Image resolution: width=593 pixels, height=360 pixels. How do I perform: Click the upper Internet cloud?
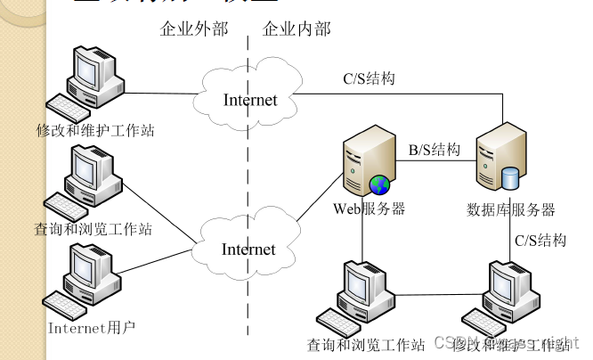click(x=249, y=99)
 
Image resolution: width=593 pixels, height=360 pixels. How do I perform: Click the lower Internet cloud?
click(x=248, y=249)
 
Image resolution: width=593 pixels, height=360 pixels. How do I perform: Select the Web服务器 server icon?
click(x=362, y=161)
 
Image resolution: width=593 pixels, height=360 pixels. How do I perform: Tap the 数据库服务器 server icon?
click(x=501, y=161)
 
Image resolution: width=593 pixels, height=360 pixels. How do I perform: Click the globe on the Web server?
click(x=380, y=185)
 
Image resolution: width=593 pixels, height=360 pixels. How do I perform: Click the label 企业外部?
click(x=193, y=29)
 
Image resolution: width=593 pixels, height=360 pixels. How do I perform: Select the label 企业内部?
click(x=296, y=29)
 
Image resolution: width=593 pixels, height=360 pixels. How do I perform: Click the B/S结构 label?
click(x=435, y=150)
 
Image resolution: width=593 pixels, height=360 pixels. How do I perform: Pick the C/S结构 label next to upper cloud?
click(x=369, y=78)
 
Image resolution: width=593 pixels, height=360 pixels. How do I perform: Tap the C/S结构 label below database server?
click(x=540, y=240)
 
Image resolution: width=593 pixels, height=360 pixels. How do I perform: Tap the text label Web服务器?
click(x=369, y=209)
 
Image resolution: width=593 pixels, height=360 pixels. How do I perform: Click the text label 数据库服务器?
click(x=511, y=210)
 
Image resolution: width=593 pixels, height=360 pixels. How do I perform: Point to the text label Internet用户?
click(x=91, y=327)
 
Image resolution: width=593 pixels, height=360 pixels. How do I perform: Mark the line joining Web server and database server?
click(x=435, y=162)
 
